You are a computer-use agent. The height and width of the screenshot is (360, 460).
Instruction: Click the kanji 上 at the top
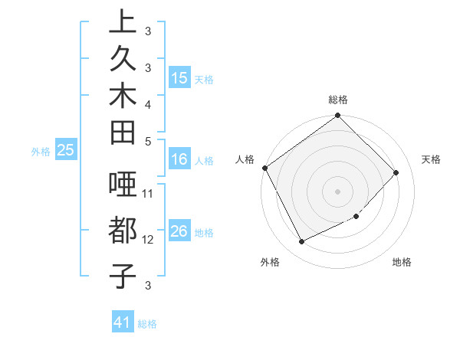coord(122,21)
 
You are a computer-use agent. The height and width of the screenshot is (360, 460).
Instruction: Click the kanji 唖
coord(122,187)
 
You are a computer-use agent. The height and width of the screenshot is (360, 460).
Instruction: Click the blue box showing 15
coord(179,78)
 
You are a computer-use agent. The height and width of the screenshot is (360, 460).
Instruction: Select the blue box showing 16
coord(179,160)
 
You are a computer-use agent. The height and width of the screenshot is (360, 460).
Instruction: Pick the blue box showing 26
coord(179,231)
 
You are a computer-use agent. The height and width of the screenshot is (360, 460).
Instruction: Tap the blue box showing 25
coord(65,151)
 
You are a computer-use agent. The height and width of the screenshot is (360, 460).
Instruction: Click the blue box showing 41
coord(123,322)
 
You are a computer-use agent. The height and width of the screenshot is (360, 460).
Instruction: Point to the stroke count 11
coord(149,192)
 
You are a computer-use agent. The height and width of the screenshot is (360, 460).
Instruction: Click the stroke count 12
coord(149,239)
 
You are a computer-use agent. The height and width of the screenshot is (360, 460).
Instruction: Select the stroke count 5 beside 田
coord(148,141)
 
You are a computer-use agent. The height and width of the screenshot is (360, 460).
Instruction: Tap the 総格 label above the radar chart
coord(338,100)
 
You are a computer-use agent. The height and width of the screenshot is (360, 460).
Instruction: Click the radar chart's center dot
coord(338,191)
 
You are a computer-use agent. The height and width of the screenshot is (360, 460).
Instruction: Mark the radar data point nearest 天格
coord(396,172)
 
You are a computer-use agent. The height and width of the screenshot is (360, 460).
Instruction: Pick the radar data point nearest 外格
coord(301,242)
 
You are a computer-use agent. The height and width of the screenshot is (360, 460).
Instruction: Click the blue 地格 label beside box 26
coord(204,232)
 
